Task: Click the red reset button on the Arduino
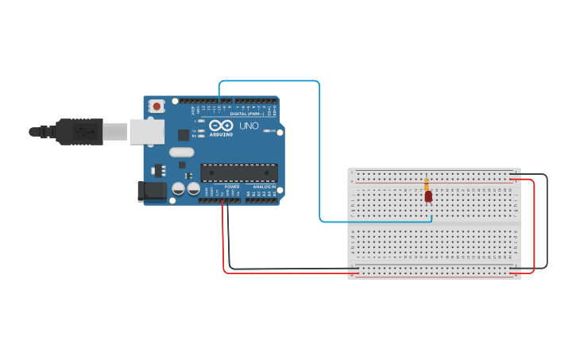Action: [x=157, y=106]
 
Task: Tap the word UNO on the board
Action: [x=249, y=126]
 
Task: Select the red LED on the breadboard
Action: [x=427, y=195]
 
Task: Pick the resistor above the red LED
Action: [x=427, y=184]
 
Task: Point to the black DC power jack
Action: [x=152, y=191]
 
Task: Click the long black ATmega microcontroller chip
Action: [x=239, y=172]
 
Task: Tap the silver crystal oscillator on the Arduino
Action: [x=181, y=152]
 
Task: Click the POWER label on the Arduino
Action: [x=231, y=187]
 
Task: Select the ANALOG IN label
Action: [x=265, y=187]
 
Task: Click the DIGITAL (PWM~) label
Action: [x=246, y=114]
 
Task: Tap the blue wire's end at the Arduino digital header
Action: [x=219, y=101]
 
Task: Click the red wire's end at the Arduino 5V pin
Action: [x=223, y=202]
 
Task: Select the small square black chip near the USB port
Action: [x=184, y=134]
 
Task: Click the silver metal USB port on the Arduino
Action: [x=147, y=132]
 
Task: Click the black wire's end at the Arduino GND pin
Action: [x=228, y=202]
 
